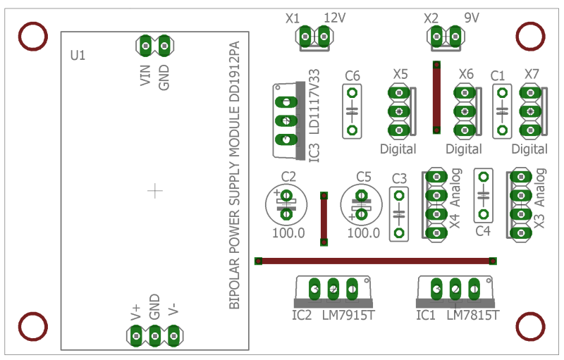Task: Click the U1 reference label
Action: [x=78, y=56]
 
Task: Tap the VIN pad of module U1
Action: [x=146, y=46]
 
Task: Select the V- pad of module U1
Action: [x=173, y=336]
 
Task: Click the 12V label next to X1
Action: [x=334, y=18]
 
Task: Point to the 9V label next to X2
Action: [x=472, y=17]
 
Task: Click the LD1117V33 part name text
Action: [x=314, y=101]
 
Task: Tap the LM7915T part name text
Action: [x=348, y=315]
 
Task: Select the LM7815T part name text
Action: [x=472, y=315]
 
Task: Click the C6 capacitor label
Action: [x=352, y=76]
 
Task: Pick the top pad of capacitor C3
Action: [x=399, y=196]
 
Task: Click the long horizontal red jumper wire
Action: [x=376, y=261]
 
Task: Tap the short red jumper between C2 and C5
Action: [x=324, y=219]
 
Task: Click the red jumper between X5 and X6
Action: [x=436, y=97]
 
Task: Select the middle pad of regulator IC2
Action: [x=333, y=289]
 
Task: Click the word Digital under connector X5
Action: [x=398, y=149]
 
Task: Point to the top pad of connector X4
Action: [x=436, y=177]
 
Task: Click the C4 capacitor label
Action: [x=483, y=231]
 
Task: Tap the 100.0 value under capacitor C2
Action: [x=288, y=233]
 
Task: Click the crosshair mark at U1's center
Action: [x=155, y=191]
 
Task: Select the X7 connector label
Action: [x=532, y=74]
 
